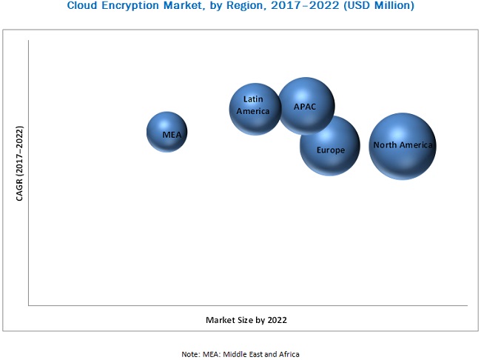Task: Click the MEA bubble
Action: [166, 133]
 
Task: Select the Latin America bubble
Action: [255, 108]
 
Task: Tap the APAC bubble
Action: [306, 105]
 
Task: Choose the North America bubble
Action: [402, 147]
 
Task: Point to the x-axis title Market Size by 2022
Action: [246, 320]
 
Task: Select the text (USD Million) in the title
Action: [380, 6]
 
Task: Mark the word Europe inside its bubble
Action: [331, 150]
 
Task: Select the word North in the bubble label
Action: [386, 145]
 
